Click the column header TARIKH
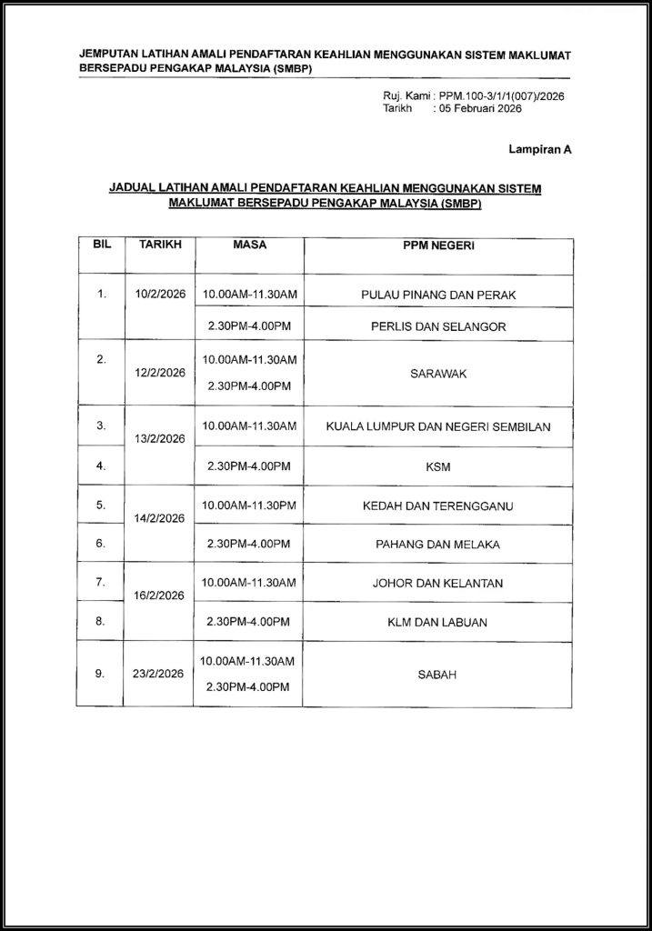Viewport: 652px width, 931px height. coord(160,245)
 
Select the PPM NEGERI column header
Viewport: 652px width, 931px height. coord(438,245)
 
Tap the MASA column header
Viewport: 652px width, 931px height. coord(250,245)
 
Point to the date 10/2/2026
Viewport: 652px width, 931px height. coord(160,294)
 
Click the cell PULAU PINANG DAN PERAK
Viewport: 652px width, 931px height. coord(438,294)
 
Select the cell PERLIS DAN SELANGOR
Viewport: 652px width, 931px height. coord(438,325)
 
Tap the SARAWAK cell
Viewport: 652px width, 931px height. coord(438,373)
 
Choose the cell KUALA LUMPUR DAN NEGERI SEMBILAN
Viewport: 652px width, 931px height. coord(438,425)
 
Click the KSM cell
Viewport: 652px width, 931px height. coord(438,467)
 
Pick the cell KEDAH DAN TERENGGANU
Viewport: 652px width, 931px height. coord(438,505)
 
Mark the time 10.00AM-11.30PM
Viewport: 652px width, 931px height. coord(249,505)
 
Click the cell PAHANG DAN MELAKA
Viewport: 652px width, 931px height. coord(438,544)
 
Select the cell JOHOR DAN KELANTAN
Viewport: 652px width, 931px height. coord(438,583)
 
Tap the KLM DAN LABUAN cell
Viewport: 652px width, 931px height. coord(438,622)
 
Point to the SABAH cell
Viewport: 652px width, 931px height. coord(438,675)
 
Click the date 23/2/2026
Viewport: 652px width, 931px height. coord(160,676)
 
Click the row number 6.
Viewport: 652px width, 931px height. coord(101,543)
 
